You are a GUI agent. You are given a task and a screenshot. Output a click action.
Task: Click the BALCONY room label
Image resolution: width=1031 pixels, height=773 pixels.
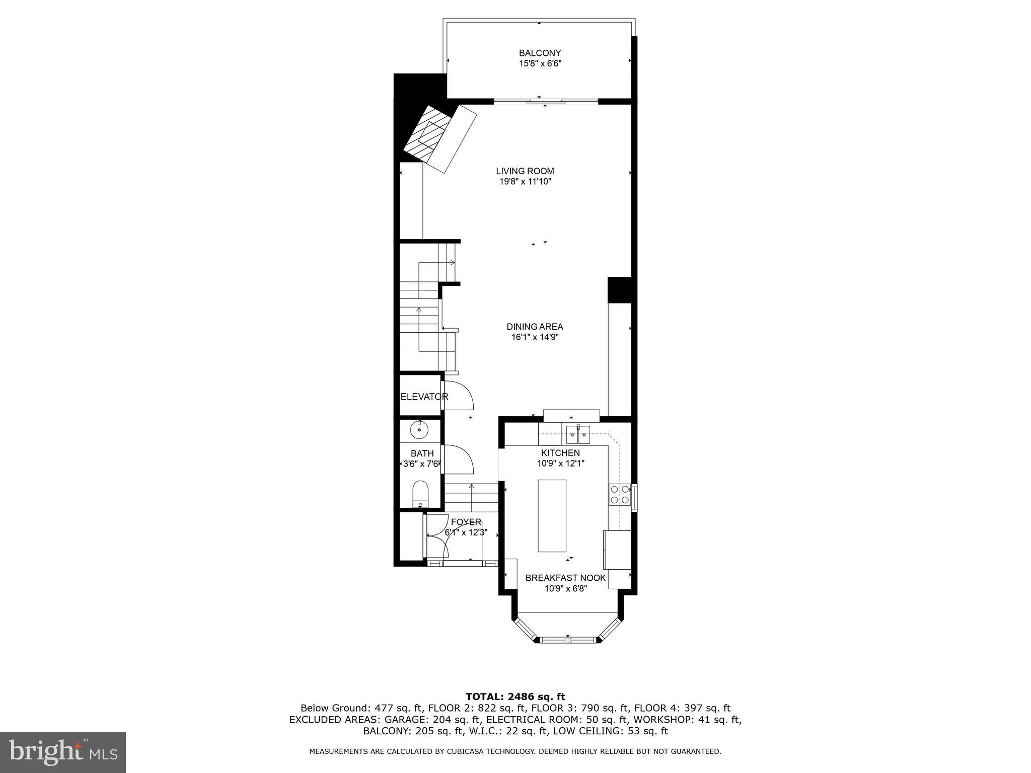[x=540, y=53]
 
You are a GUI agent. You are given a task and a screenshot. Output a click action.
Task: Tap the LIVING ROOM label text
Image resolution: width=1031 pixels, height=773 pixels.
[x=525, y=171]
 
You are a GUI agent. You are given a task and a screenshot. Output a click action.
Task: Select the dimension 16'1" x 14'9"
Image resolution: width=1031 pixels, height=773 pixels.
[x=535, y=338]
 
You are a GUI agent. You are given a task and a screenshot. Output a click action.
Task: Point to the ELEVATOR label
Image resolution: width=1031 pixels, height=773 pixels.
[x=424, y=397]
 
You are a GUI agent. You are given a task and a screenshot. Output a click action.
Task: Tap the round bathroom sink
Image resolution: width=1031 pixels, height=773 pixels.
[x=419, y=430]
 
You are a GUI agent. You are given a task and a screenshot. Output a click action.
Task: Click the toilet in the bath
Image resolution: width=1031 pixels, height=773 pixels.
[x=420, y=493]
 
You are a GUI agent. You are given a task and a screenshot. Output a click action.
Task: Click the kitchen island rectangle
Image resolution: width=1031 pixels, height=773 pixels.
[x=552, y=515]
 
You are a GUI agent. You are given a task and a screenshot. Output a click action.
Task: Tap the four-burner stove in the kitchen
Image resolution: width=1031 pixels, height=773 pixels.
[x=619, y=494]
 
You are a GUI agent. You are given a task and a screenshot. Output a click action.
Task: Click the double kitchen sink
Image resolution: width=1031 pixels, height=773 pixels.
[x=578, y=433]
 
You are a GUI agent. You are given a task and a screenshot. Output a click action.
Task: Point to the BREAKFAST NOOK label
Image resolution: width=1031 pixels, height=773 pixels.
[x=565, y=578]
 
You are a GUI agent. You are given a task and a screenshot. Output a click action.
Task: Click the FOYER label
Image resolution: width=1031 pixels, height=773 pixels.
[x=466, y=522]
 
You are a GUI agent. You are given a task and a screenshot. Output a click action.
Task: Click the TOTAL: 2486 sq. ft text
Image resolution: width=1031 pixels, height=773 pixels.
[x=515, y=697]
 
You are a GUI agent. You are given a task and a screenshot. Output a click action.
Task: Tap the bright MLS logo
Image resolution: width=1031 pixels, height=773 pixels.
[x=63, y=752]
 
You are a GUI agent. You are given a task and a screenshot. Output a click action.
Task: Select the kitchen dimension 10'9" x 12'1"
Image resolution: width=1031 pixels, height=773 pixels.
[x=560, y=463]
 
